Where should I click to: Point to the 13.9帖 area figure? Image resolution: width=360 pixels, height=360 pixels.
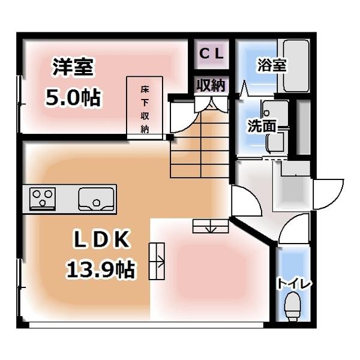(100, 268)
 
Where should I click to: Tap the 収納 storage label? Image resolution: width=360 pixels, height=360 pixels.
(211, 86)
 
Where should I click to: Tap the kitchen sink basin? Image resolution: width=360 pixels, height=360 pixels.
(95, 198)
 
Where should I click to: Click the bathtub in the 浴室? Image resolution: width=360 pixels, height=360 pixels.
(295, 66)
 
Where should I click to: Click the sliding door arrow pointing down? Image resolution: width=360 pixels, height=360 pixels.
(210, 226)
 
